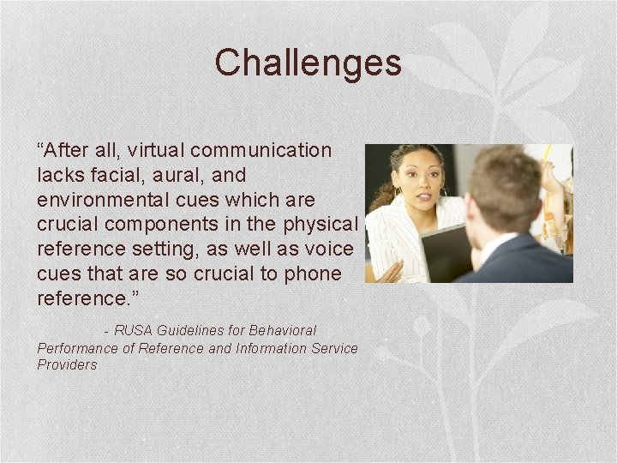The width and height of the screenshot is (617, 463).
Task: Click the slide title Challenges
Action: click(x=308, y=63)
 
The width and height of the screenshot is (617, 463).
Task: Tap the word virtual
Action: click(x=156, y=150)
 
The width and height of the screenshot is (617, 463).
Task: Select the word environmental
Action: click(x=97, y=200)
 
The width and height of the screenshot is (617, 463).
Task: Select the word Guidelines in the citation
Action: click(x=186, y=330)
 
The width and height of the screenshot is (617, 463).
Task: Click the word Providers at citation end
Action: click(x=67, y=364)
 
